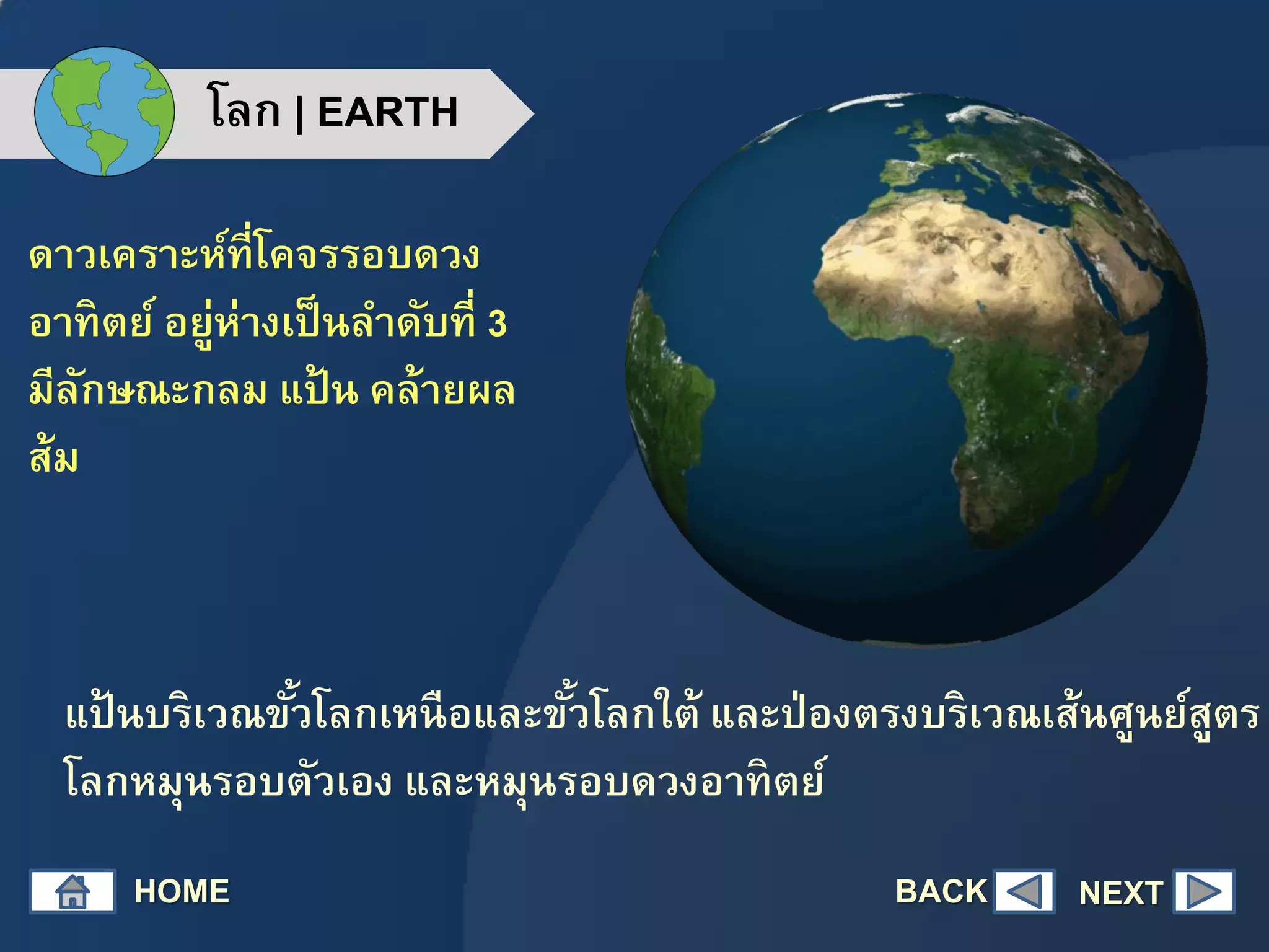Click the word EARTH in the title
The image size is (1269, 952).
click(387, 113)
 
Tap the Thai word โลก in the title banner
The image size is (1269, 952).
click(245, 110)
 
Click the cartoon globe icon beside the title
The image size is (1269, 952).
click(104, 112)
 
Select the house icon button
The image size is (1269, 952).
click(72, 891)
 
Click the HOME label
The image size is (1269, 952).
click(182, 891)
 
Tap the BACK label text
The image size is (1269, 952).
click(941, 891)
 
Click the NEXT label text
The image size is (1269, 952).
click(1120, 893)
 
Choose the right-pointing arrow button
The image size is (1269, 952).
click(1203, 892)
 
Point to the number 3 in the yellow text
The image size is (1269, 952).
click(497, 324)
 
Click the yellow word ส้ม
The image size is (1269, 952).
click(54, 457)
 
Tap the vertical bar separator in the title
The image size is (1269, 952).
click(300, 114)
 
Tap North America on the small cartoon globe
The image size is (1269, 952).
click(74, 93)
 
